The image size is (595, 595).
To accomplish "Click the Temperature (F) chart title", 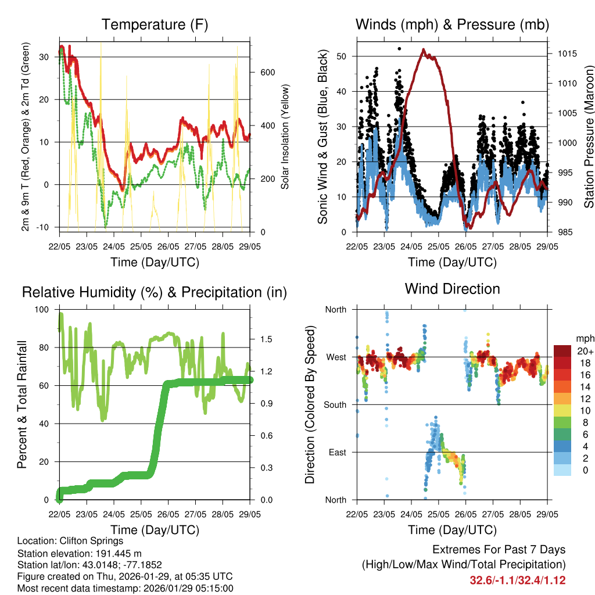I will coord(155,25).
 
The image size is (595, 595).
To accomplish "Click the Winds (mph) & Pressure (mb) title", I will coord(452,25).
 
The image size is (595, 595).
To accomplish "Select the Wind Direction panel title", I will coord(452,289).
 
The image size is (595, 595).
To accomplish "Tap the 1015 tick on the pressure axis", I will coord(566,53).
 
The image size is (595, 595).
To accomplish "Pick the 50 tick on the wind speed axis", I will coord(342,56).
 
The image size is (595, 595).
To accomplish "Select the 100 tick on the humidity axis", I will coord(43,310).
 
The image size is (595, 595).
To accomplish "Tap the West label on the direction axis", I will coord(335,357).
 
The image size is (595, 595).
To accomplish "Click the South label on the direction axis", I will coord(335,405).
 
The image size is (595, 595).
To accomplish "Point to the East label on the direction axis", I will coord(336,452).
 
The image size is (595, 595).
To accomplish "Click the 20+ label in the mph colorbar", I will coord(585,351).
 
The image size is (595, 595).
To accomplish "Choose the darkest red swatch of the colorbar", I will coord(564,351).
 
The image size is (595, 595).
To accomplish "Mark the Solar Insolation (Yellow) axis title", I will coord(285,137).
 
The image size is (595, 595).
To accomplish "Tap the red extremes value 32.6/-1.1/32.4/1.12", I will coord(517,580).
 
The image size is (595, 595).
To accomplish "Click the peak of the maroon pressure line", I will coord(424,50).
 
